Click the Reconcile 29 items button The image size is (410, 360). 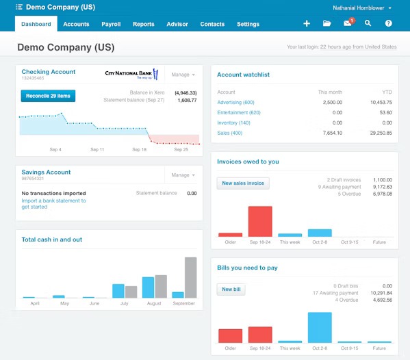(x=48, y=96)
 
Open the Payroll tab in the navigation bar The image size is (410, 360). (x=111, y=24)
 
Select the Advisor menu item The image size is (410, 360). (x=177, y=24)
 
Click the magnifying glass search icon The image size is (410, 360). (x=368, y=23)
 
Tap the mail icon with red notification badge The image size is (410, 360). (x=348, y=23)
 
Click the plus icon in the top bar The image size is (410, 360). (x=307, y=23)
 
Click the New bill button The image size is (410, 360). (x=232, y=290)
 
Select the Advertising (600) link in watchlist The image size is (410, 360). (x=235, y=102)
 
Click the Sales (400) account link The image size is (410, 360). (x=230, y=133)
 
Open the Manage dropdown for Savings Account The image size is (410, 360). (x=183, y=175)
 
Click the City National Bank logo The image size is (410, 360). (x=131, y=74)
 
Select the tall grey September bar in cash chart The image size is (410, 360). (x=191, y=277)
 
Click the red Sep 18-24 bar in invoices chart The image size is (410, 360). (x=260, y=221)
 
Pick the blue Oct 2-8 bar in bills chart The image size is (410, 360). (x=320, y=327)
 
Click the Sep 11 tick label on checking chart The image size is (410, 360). (x=97, y=149)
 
